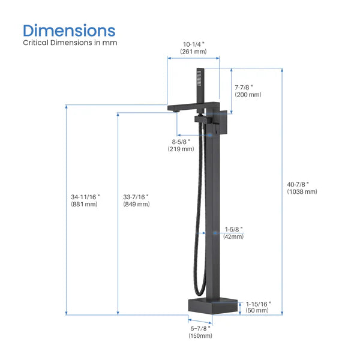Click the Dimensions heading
69,30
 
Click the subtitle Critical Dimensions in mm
70,43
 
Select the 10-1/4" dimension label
193,43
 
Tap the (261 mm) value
193,52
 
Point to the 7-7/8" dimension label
247,86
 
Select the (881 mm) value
85,205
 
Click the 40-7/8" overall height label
302,184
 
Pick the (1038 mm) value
302,192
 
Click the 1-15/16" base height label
259,304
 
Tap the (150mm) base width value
200,336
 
